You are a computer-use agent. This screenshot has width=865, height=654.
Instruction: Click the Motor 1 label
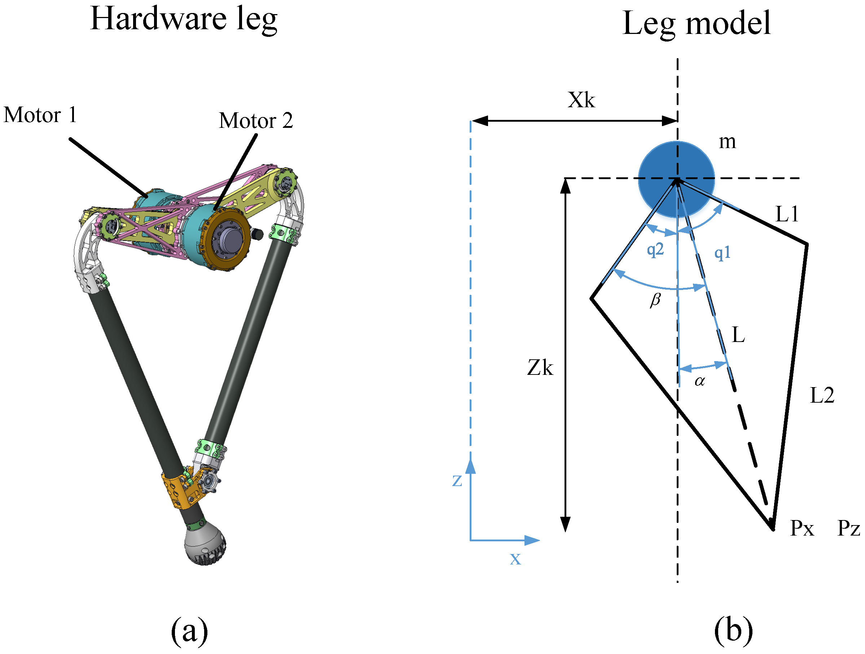click(x=40, y=115)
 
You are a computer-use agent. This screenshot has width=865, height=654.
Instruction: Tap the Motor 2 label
click(x=256, y=120)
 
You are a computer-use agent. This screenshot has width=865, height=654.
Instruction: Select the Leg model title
click(x=696, y=23)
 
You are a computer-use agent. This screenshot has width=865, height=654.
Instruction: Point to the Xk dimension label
click(x=581, y=100)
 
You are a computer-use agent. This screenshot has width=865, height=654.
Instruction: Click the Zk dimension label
click(x=540, y=368)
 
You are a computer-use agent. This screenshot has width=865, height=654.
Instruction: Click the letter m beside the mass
click(x=727, y=142)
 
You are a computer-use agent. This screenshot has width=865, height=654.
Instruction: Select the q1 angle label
click(x=722, y=253)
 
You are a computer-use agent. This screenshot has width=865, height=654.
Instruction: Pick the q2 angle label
click(x=655, y=249)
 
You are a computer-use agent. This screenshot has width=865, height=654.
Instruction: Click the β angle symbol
click(x=655, y=300)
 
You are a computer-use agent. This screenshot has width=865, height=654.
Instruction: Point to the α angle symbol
click(x=699, y=381)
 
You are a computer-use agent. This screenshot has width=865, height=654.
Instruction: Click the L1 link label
click(x=786, y=214)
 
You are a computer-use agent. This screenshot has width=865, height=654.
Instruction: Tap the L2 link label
click(x=822, y=395)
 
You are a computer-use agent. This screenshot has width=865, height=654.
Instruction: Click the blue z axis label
click(x=457, y=481)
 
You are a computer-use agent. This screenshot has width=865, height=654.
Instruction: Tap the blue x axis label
click(x=515, y=559)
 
